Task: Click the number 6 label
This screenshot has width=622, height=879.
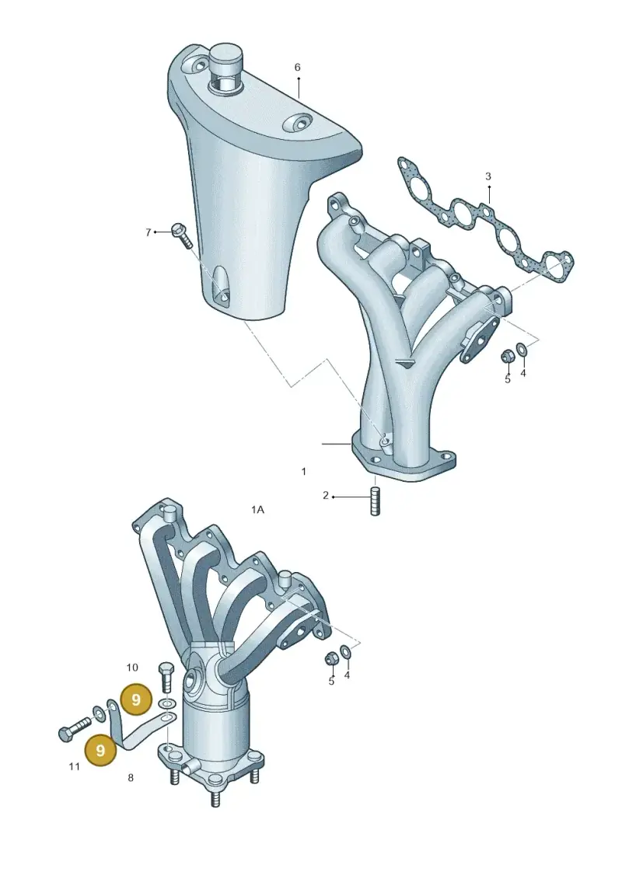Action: [x=297, y=68]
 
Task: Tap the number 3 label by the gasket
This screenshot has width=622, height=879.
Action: [x=488, y=176]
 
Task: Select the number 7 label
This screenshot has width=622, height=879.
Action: [x=148, y=232]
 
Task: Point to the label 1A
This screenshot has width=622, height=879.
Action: [x=257, y=510]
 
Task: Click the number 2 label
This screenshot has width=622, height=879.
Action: [x=325, y=496]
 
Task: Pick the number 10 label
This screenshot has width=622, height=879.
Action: [x=132, y=668]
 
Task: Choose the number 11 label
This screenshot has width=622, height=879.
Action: [x=74, y=766]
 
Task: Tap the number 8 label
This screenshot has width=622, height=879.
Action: [x=131, y=777]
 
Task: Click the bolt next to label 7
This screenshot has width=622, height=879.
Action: [x=182, y=235]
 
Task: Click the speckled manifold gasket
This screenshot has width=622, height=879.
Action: [x=485, y=221]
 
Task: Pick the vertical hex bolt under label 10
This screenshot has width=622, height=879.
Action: [x=167, y=678]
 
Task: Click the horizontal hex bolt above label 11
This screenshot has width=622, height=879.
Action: [x=75, y=727]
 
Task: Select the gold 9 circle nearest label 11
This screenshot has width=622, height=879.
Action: [x=100, y=750]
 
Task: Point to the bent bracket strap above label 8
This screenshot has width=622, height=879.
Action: [x=138, y=730]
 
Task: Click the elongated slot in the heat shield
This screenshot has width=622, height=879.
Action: [x=221, y=287]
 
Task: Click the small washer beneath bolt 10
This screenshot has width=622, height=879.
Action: [x=166, y=703]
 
